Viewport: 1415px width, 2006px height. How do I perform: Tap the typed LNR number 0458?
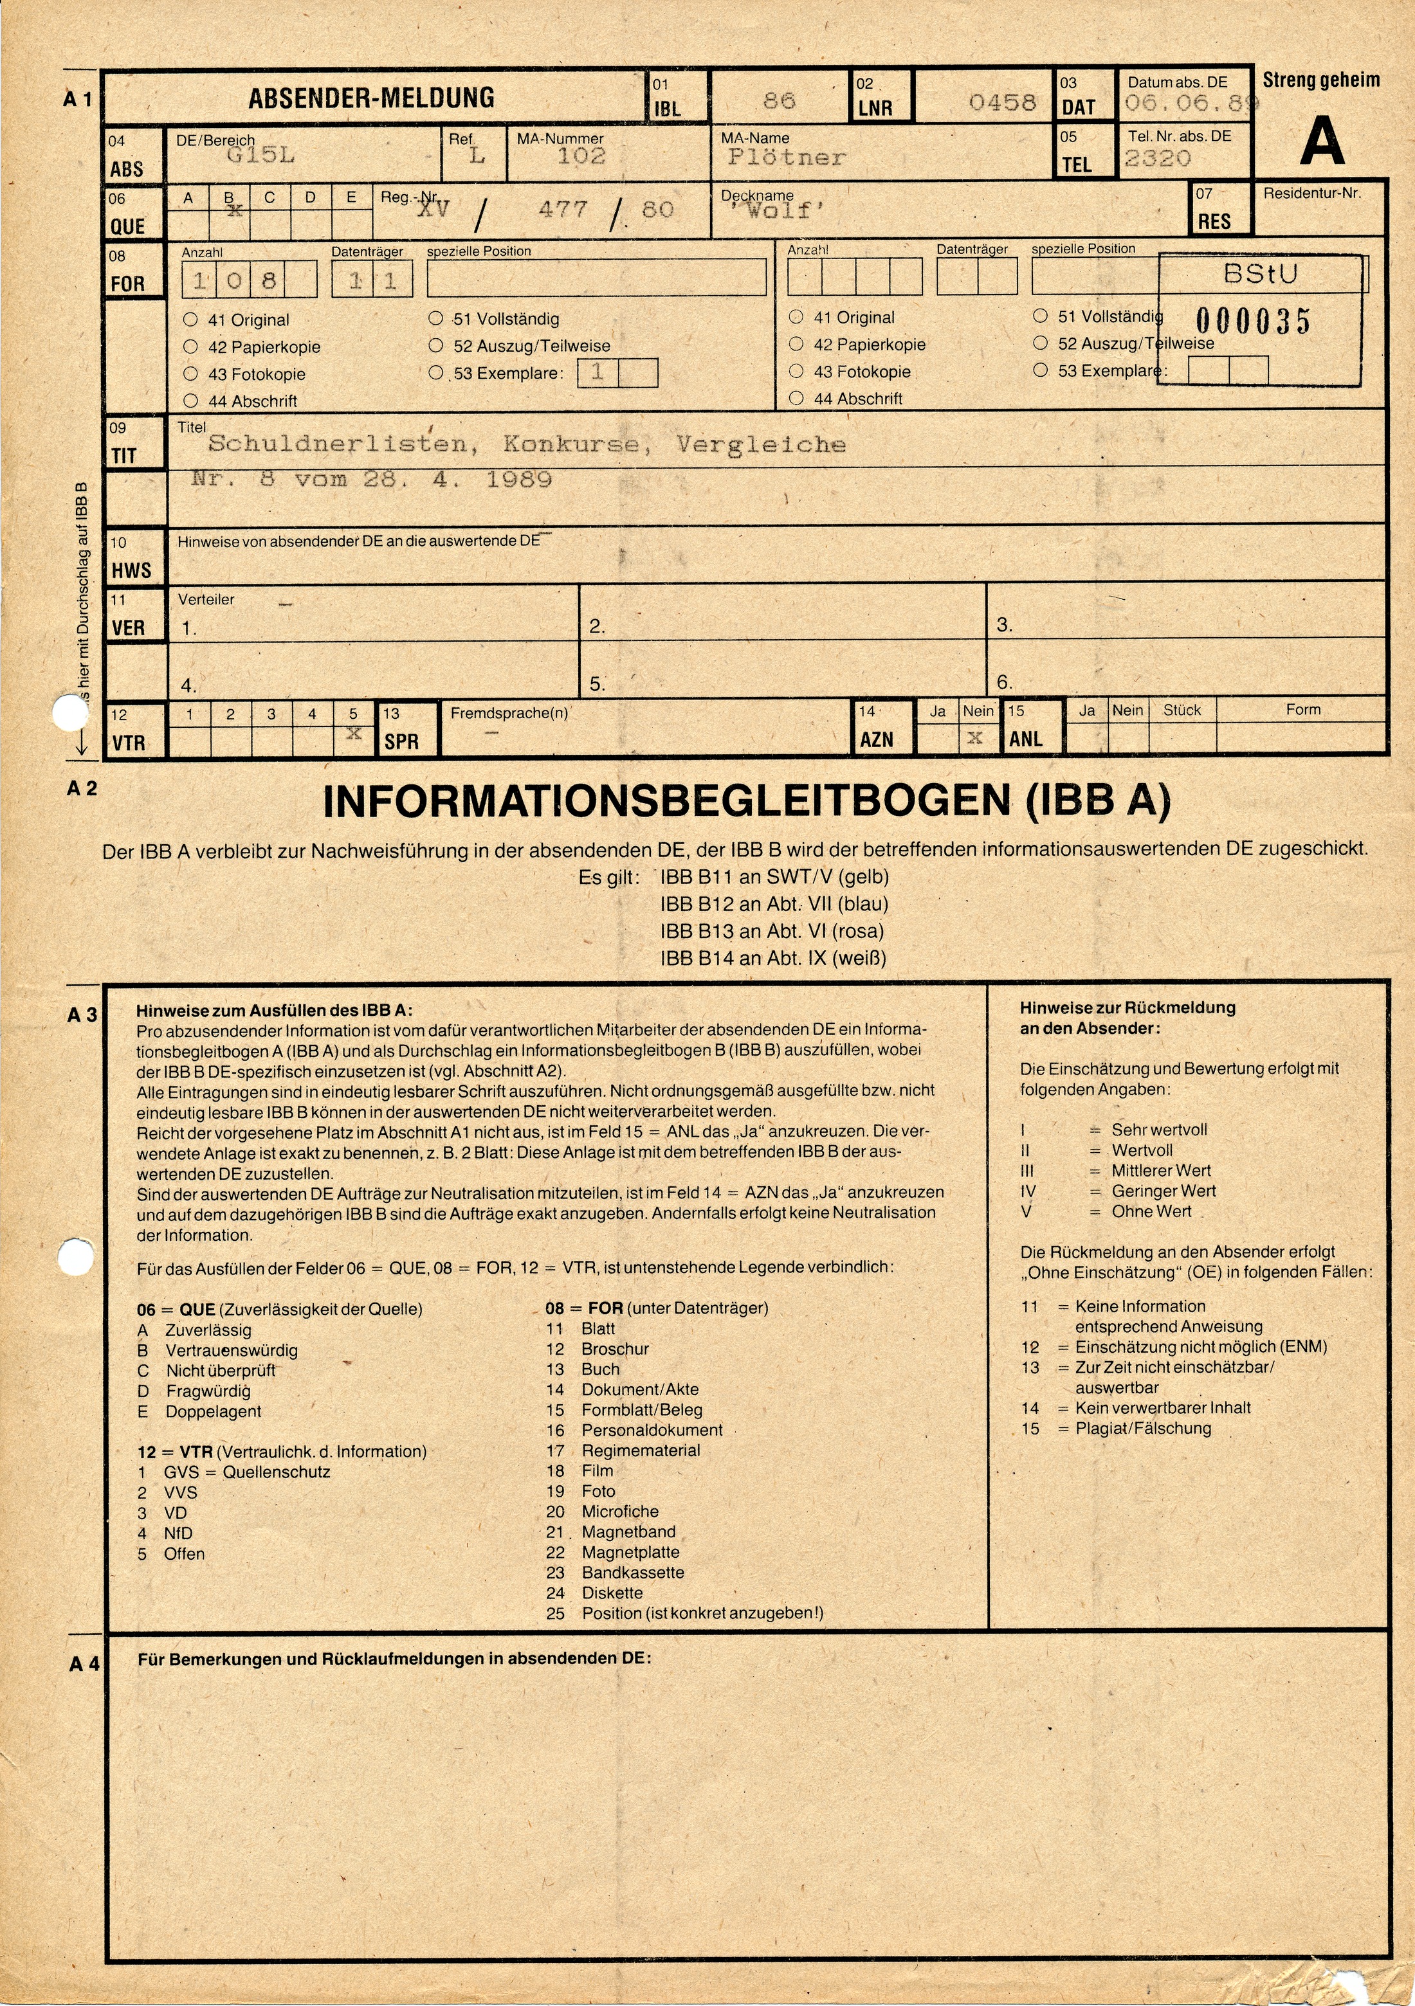pyautogui.click(x=1001, y=103)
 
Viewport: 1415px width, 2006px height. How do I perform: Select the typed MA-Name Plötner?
pyautogui.click(x=787, y=158)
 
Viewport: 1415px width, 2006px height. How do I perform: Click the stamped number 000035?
pyautogui.click(x=1254, y=321)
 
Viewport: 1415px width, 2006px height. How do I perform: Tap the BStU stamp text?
pyautogui.click(x=1260, y=275)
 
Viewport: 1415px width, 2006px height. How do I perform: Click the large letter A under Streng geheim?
pyautogui.click(x=1322, y=141)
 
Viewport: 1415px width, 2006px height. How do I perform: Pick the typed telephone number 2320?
pyautogui.click(x=1157, y=158)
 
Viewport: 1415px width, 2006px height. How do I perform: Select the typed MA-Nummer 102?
pyautogui.click(x=581, y=156)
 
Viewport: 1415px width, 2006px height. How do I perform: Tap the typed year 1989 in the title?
pyautogui.click(x=519, y=479)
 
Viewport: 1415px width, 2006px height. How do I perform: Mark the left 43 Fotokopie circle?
pyautogui.click(x=190, y=374)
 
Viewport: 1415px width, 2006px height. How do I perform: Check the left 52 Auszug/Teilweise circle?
pyautogui.click(x=436, y=346)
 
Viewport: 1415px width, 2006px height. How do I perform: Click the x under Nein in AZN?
pyautogui.click(x=975, y=738)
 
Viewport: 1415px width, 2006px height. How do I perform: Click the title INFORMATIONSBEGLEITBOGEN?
pyautogui.click(x=669, y=802)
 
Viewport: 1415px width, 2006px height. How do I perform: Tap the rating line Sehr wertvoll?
pyautogui.click(x=1159, y=1130)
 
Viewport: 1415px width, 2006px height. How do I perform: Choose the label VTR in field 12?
pyautogui.click(x=129, y=743)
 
